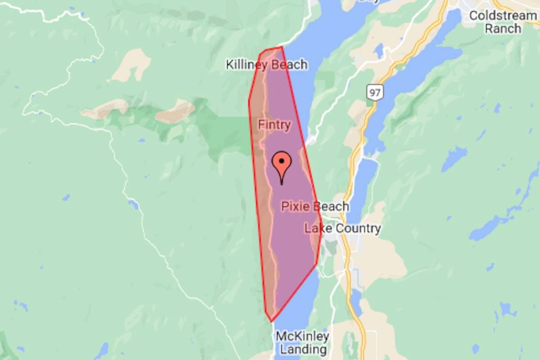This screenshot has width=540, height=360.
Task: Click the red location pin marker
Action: click(282, 164)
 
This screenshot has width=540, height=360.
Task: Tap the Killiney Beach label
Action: click(266, 65)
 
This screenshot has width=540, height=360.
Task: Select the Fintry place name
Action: click(274, 125)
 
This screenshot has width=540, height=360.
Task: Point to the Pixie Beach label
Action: click(315, 207)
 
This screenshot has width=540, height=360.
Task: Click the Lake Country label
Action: click(342, 228)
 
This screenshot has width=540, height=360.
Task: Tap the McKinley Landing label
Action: click(302, 342)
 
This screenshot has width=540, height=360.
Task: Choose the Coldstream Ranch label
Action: click(503, 22)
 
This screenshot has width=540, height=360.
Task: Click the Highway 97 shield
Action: click(373, 93)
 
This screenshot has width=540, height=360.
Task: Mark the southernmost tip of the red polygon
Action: click(271, 322)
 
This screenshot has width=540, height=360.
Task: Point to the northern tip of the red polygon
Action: click(282, 47)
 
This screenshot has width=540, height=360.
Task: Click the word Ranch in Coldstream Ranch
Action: click(503, 29)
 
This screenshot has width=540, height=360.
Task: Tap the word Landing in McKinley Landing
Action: click(302, 349)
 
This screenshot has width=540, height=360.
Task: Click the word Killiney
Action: click(247, 65)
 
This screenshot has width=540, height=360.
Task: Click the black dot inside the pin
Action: click(282, 160)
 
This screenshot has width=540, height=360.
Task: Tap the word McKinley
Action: click(302, 336)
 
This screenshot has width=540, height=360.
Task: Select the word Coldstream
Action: click(503, 16)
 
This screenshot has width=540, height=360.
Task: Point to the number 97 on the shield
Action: click(373, 93)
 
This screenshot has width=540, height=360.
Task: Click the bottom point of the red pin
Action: click(282, 184)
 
